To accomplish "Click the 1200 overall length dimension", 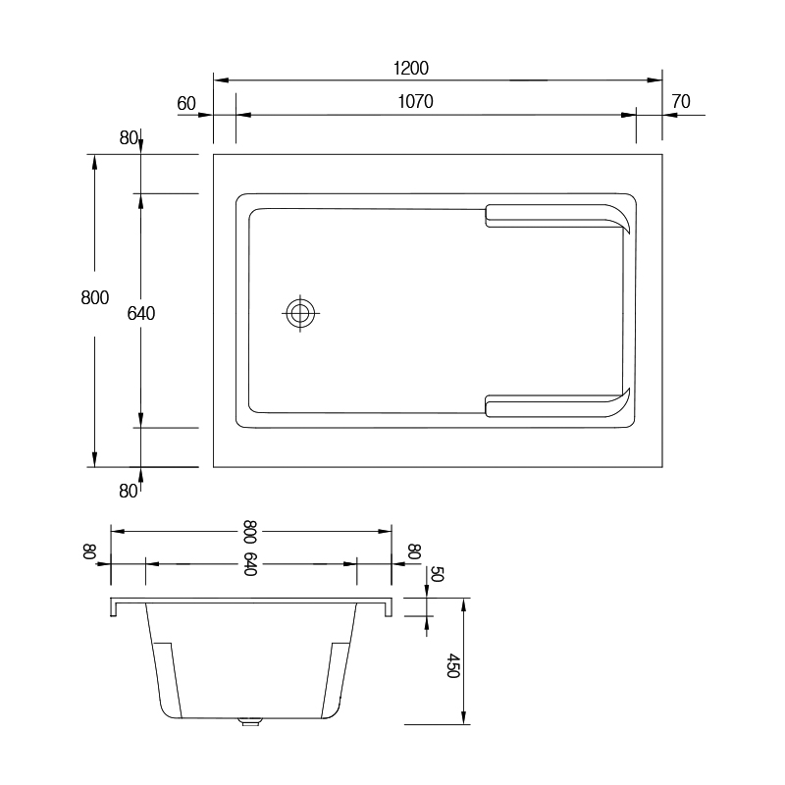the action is click(410, 68).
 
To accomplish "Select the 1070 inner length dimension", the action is click(415, 102).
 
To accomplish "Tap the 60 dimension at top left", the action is click(186, 104).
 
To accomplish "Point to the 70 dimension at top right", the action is click(681, 102).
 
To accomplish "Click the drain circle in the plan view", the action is click(300, 313).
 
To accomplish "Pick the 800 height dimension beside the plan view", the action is click(94, 298).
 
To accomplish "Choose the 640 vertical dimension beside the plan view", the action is click(140, 313).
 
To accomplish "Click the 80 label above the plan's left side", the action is click(129, 137).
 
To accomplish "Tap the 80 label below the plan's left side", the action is click(129, 492).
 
